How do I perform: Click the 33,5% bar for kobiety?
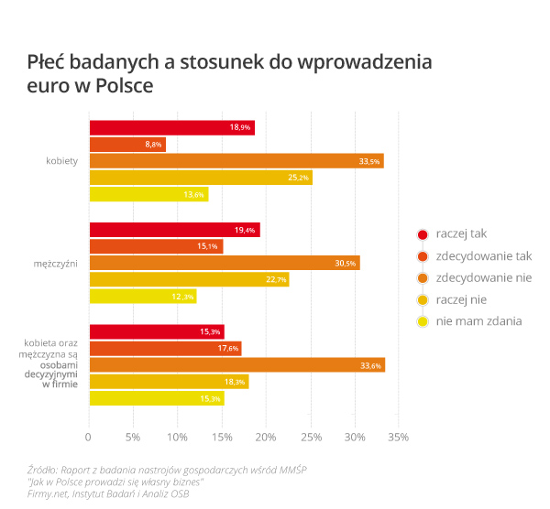[236, 161]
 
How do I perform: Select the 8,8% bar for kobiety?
[126, 145]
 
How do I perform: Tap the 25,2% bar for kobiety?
[200, 178]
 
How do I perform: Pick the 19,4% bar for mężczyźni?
[174, 230]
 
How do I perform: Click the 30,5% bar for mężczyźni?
[224, 263]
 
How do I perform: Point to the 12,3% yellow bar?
[142, 297]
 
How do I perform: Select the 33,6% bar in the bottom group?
[236, 365]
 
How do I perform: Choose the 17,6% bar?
[165, 348]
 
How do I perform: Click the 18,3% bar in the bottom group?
[169, 382]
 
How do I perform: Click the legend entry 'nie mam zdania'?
[478, 320]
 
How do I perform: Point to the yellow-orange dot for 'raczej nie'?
[423, 299]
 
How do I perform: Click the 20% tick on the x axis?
[266, 438]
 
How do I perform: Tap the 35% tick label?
[399, 438]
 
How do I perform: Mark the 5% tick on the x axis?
[133, 438]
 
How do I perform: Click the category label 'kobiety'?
[61, 161]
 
